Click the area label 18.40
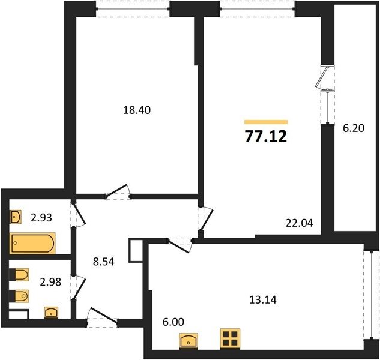coord(137,110)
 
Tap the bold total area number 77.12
coord(266,136)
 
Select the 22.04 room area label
coord(300,223)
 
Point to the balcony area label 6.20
coord(354,128)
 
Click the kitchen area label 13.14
coord(263,300)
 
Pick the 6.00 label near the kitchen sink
coord(173,322)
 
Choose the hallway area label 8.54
coord(104,262)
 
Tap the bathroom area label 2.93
coord(41,218)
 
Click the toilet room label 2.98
coord(50,282)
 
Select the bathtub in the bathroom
coord(32,243)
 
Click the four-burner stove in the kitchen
coord(230,338)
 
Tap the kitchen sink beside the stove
coord(188,341)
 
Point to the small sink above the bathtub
coord(16,217)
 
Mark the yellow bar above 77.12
coord(266,122)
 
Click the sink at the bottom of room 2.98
coord(51,312)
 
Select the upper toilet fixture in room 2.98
coord(19,274)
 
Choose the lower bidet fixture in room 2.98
coord(19,296)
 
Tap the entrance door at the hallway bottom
coord(103,316)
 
